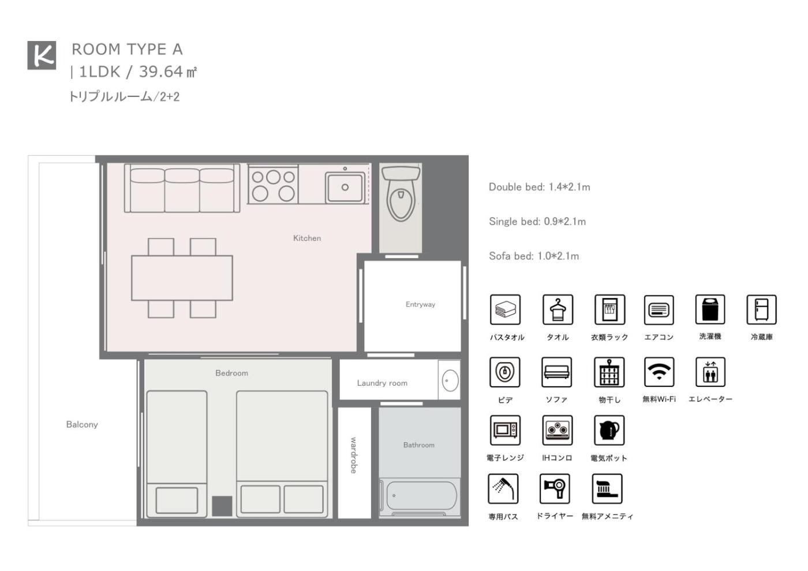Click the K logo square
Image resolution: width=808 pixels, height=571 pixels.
tap(42, 55)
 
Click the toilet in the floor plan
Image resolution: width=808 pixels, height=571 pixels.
tap(401, 193)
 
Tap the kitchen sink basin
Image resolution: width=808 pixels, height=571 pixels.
tap(345, 187)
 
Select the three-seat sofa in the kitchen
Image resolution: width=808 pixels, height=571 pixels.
tap(182, 188)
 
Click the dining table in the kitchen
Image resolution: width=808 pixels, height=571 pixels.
tap(182, 278)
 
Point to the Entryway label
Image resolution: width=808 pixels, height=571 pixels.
tap(420, 304)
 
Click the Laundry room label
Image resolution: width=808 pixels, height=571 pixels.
tap(382, 383)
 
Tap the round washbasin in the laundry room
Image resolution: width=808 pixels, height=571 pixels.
tap(450, 380)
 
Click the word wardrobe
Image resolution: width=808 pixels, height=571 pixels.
tap(353, 455)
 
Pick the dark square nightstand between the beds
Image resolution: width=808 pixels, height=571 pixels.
tap(222, 506)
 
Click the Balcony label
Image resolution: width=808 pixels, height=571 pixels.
tap(82, 424)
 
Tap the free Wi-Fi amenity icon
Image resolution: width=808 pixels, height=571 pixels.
tap(659, 372)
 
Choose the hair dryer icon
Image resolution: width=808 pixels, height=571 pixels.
tap(555, 488)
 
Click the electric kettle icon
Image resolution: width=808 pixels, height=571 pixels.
tap(609, 430)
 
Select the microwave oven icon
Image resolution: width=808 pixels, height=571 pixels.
tap(505, 430)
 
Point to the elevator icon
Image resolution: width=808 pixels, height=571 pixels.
tap(710, 372)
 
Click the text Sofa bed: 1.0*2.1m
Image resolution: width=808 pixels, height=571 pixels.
tap(534, 256)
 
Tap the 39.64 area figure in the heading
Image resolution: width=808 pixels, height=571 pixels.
tap(161, 72)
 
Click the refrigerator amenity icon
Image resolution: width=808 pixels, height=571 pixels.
tap(761, 309)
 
